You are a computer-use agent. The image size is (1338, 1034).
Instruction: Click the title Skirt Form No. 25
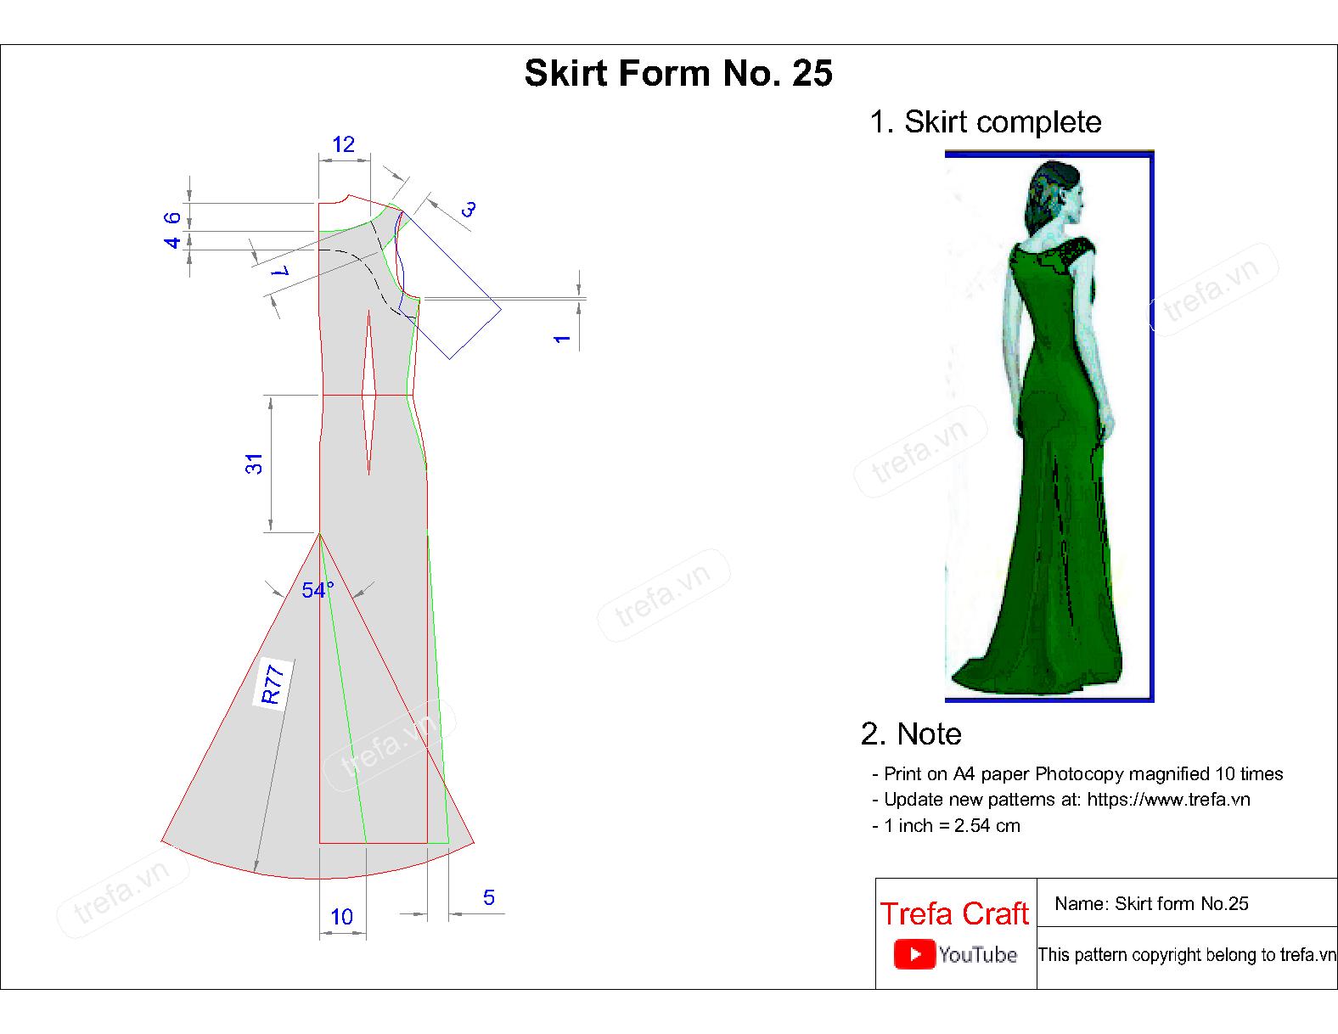(x=678, y=73)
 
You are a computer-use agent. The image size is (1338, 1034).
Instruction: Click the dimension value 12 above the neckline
(x=344, y=144)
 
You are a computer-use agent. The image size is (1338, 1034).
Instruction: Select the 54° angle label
(x=318, y=590)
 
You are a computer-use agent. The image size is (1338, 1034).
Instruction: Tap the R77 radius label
(x=272, y=683)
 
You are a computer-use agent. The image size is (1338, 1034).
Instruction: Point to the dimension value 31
(x=254, y=464)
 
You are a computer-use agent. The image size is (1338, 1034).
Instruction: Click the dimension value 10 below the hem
(x=342, y=917)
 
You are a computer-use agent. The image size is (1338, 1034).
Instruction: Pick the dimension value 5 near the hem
(x=489, y=897)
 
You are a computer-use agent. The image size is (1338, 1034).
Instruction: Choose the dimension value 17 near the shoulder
(x=280, y=271)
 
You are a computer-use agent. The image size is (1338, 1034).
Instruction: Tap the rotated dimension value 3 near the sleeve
(x=469, y=209)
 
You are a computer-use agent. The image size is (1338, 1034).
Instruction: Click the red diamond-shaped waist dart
(x=368, y=393)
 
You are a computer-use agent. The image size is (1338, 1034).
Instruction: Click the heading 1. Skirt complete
(x=985, y=122)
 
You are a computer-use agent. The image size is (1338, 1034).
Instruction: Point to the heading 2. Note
(x=911, y=733)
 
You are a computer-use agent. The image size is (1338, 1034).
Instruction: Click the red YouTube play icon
(x=914, y=954)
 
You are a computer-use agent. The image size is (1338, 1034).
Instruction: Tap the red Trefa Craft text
(x=954, y=913)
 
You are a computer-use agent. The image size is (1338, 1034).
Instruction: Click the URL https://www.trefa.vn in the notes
(x=1168, y=800)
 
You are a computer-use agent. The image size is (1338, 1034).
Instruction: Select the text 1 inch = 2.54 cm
(x=952, y=825)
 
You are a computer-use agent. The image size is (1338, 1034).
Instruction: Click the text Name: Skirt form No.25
(x=1151, y=903)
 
